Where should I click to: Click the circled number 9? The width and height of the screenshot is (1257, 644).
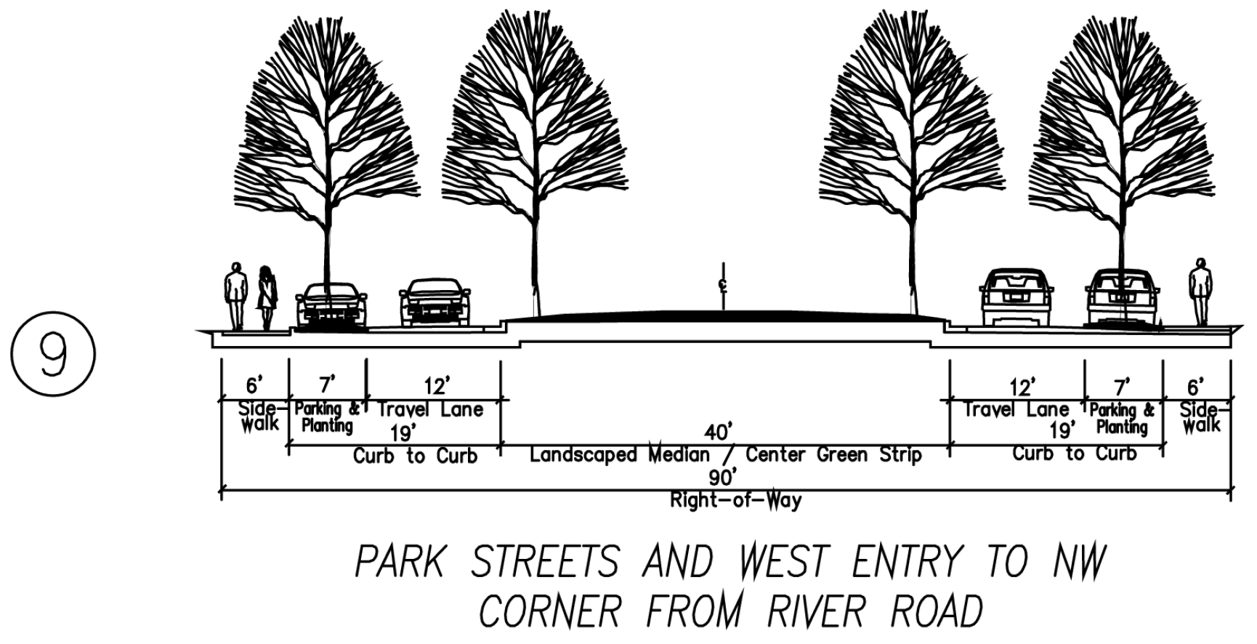tap(52, 356)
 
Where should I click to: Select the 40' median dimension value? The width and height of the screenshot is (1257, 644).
tap(718, 432)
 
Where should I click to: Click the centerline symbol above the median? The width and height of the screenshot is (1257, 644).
tap(722, 285)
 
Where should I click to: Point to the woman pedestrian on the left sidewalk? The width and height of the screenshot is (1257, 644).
tap(267, 297)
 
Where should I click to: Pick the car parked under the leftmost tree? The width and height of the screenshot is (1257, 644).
tap(331, 305)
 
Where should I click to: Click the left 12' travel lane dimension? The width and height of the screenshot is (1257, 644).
tap(437, 385)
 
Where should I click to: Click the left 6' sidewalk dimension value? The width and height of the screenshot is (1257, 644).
tap(252, 386)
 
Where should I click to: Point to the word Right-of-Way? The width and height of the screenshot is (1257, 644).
tap(735, 500)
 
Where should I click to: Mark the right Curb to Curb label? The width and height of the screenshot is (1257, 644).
tap(1075, 454)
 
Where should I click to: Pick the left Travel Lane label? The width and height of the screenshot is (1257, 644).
tap(431, 409)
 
